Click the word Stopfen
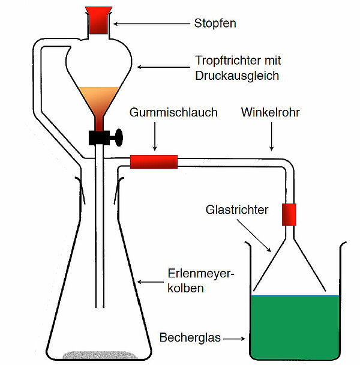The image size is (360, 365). click(x=215, y=24)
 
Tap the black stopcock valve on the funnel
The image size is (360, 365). click(x=106, y=137)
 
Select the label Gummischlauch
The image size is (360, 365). click(x=173, y=112)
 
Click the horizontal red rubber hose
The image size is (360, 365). click(x=154, y=161)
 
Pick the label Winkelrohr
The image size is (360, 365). click(x=270, y=112)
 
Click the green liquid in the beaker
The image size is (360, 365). click(x=296, y=324)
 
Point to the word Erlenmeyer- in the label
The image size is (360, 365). click(x=200, y=276)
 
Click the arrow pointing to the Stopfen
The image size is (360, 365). click(x=150, y=24)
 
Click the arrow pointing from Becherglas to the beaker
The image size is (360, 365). click(x=234, y=338)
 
